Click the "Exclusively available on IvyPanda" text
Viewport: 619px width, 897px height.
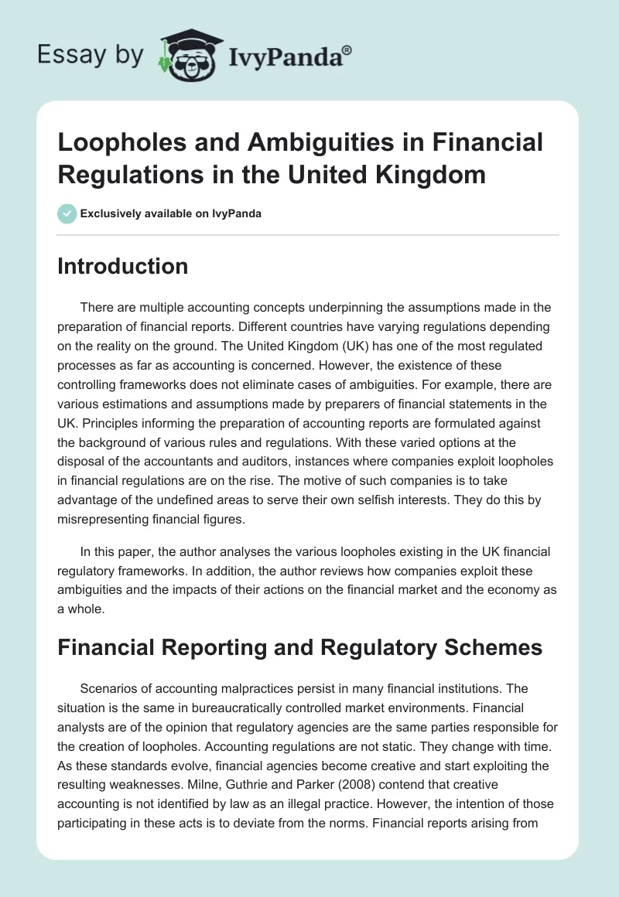(170, 213)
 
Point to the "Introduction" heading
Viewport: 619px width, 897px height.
(123, 266)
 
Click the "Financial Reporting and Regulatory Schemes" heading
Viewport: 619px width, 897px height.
(300, 647)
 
